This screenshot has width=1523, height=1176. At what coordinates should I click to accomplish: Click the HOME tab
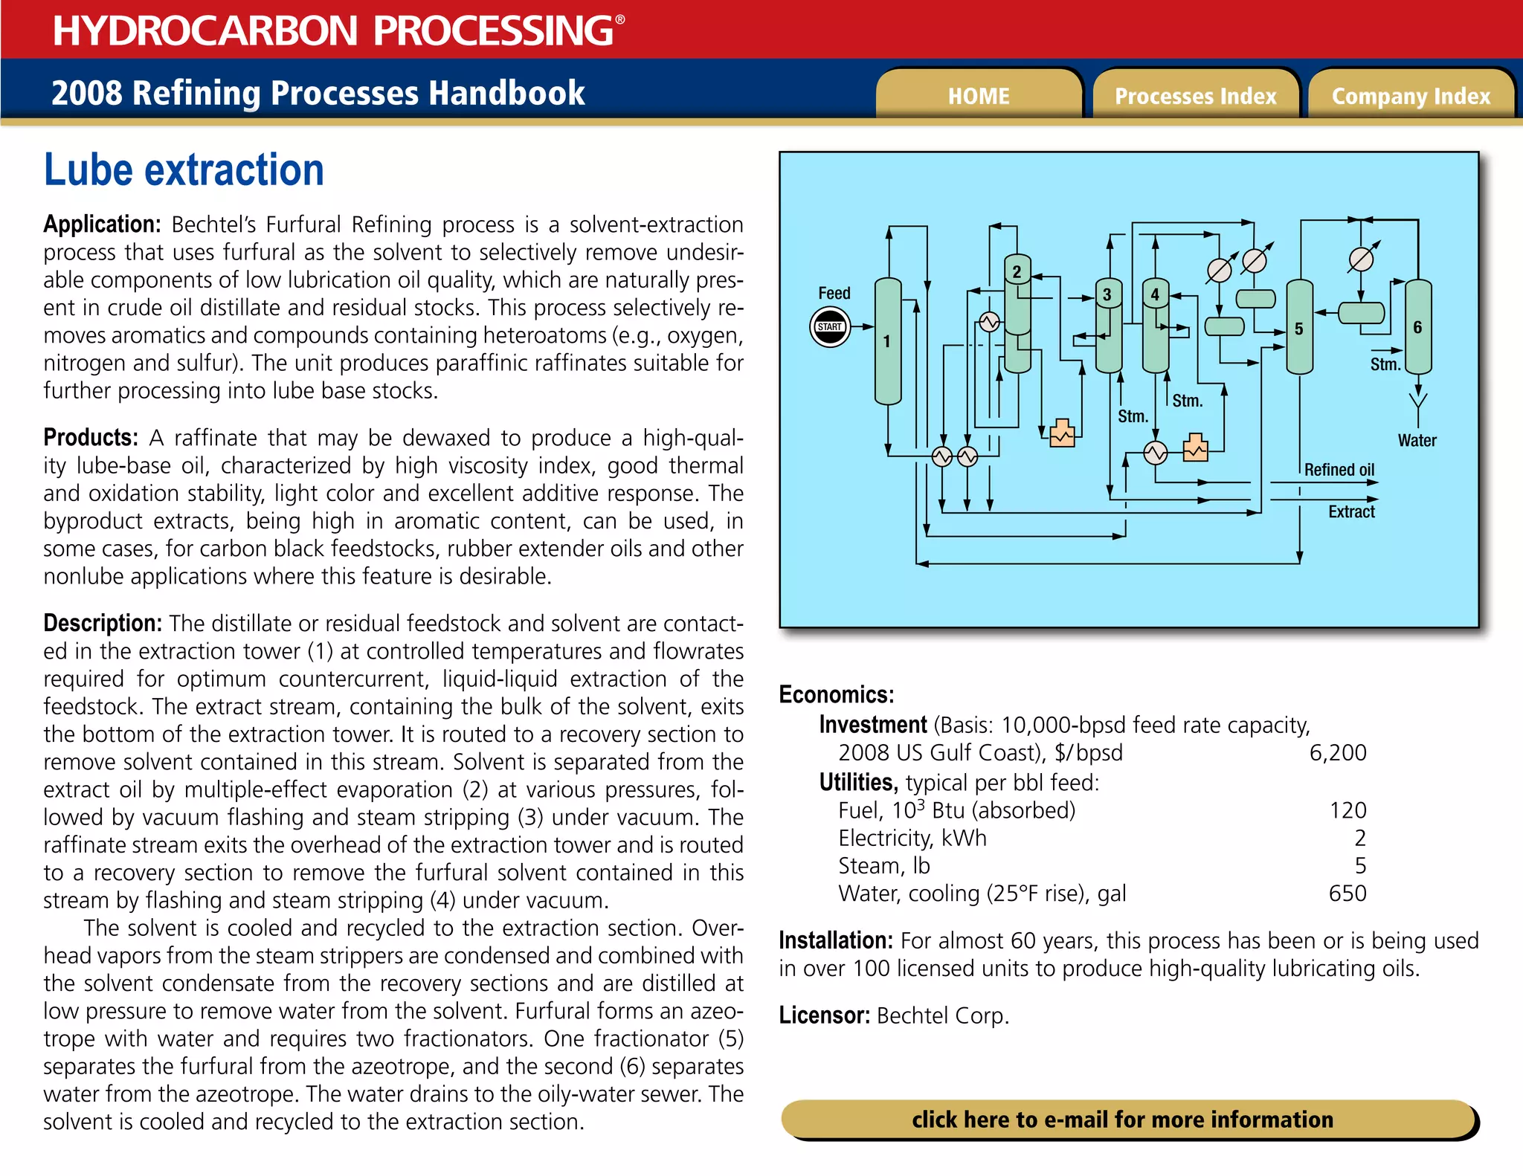click(978, 96)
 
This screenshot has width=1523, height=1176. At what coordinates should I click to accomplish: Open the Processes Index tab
click(1194, 96)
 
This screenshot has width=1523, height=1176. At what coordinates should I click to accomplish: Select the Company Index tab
click(1410, 96)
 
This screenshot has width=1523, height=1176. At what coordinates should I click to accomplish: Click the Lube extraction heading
click(184, 170)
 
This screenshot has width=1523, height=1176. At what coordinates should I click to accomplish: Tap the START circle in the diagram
click(829, 327)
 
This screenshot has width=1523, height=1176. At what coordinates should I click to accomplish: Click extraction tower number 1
click(887, 341)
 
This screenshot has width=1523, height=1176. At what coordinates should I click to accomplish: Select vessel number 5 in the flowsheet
click(1298, 329)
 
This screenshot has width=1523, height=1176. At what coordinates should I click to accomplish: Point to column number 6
click(1417, 327)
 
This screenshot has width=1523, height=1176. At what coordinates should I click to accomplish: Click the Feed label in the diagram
click(834, 293)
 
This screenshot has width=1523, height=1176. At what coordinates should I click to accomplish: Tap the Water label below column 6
click(1417, 440)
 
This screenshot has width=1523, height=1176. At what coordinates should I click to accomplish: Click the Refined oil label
click(1339, 470)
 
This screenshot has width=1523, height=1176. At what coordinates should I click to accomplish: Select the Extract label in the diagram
click(1351, 511)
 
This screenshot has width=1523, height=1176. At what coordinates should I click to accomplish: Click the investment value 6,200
click(1337, 752)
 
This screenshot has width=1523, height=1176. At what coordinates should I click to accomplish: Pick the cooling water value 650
click(1347, 893)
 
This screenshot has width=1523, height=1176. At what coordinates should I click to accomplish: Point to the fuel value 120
click(1347, 810)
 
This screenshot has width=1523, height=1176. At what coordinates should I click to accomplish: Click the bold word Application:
click(102, 224)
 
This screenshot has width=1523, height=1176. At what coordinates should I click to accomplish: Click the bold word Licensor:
click(824, 1015)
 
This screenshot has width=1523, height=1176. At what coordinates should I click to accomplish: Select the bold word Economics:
click(836, 694)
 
